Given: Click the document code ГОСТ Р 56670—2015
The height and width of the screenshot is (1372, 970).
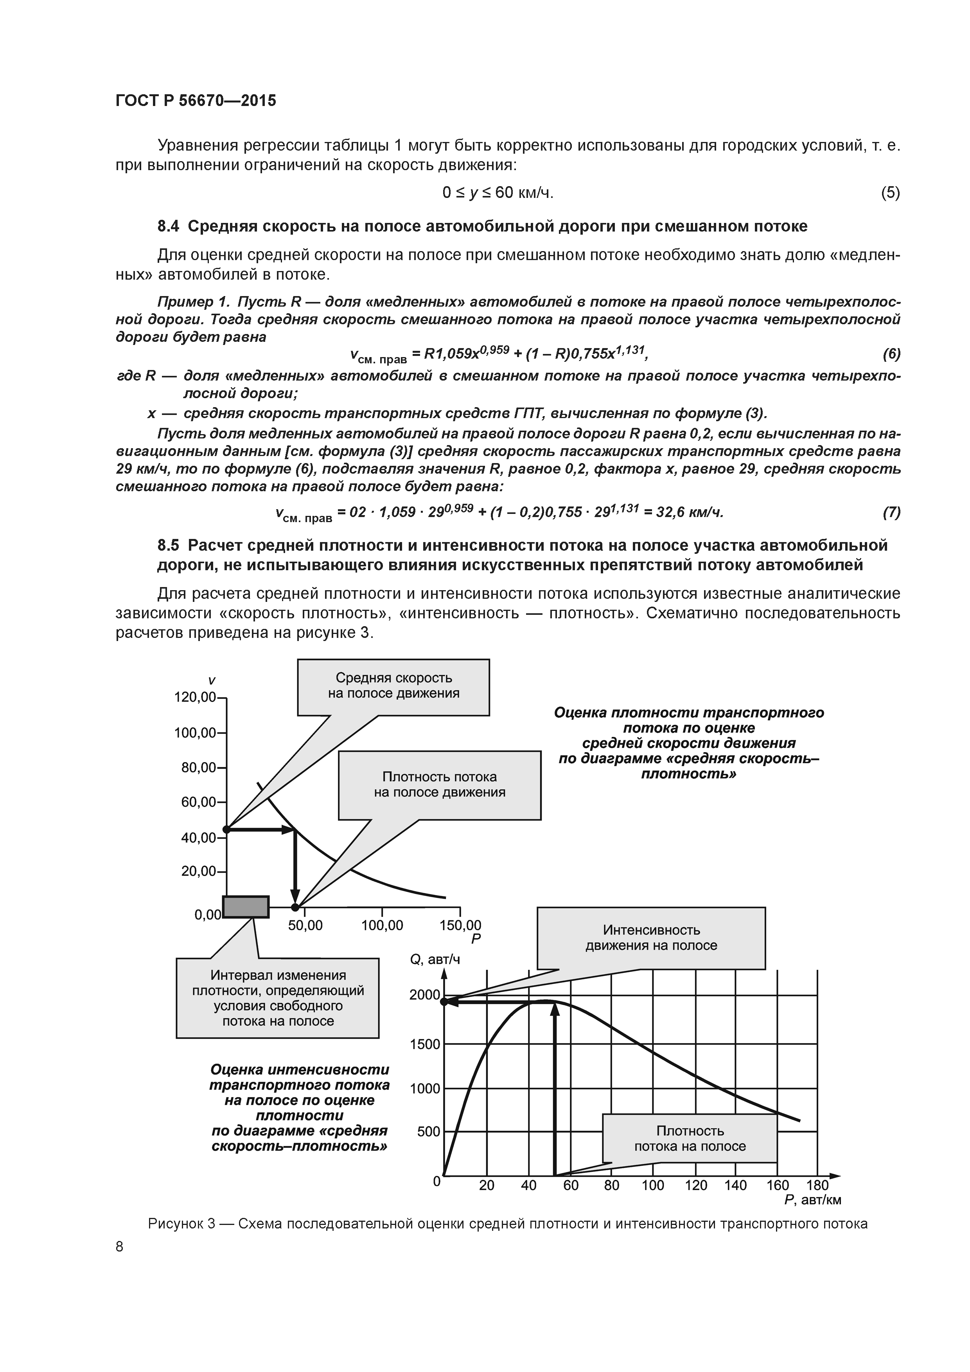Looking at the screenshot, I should (196, 101).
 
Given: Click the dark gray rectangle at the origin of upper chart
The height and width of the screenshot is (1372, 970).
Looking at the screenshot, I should (246, 907).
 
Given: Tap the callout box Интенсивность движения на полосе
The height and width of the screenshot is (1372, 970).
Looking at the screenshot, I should (651, 937).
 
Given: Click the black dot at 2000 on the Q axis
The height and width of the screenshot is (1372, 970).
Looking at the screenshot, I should (444, 1001).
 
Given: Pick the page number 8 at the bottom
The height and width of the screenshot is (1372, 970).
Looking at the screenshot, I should (120, 1246).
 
